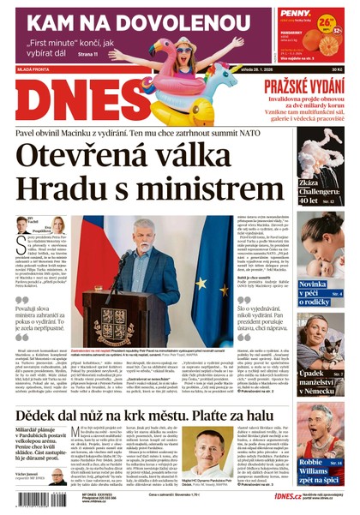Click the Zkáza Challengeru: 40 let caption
coord(321,206)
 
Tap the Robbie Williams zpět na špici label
coord(322,470)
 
